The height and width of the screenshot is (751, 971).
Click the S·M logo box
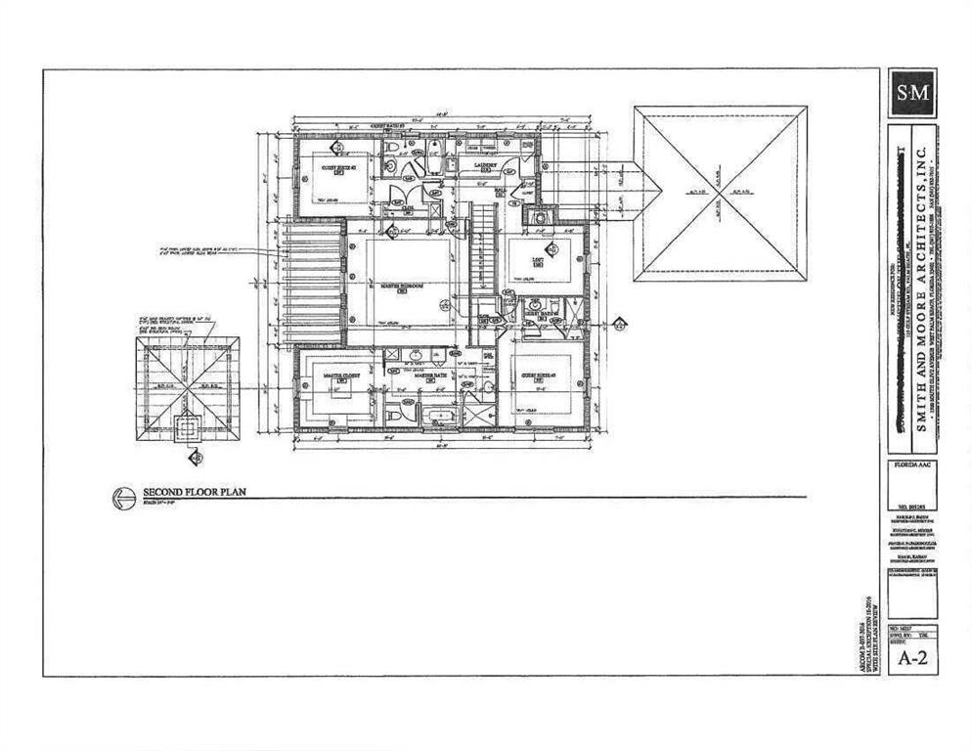click(911, 93)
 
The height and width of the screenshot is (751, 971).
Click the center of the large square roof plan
click(720, 193)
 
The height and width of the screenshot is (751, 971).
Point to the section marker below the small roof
click(196, 457)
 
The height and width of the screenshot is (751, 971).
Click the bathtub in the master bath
click(441, 416)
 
